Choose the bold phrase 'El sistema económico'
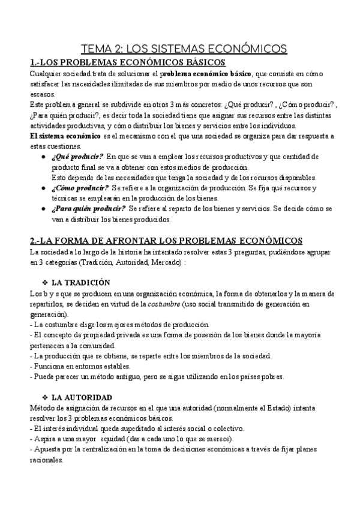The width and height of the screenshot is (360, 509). pyautogui.click(x=65, y=136)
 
